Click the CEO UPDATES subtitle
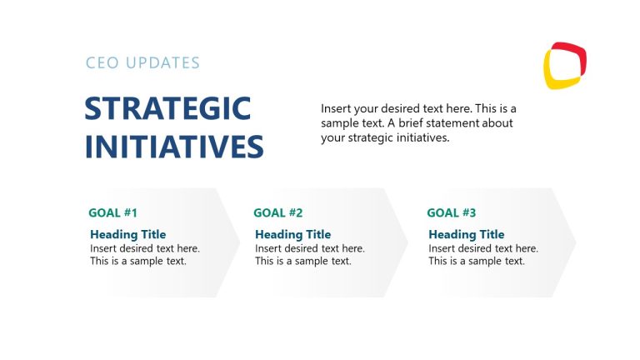[x=142, y=62]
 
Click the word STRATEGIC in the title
[x=167, y=109]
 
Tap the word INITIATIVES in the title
[x=174, y=146]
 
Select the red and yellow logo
[x=565, y=66]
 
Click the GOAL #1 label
[x=112, y=212]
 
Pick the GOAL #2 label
[x=277, y=212]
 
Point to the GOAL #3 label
[x=451, y=212]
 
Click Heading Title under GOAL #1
[x=127, y=234]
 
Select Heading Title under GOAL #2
[x=292, y=234]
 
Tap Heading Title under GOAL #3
[x=466, y=234]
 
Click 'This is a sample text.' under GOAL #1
[x=138, y=261]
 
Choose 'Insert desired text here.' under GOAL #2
[x=310, y=248]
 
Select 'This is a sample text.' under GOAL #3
[x=477, y=261]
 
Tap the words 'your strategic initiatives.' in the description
[x=385, y=137]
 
